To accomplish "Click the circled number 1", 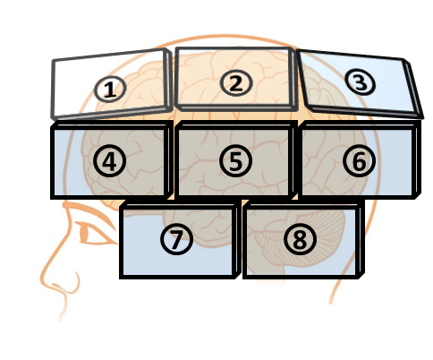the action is coord(110,89).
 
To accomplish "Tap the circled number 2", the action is coord(236,83).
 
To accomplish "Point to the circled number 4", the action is coord(109,161).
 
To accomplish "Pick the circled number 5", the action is coord(236,161).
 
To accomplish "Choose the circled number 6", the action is coord(359,161).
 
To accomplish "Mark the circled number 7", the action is coord(176,239).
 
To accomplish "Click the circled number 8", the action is coord(300,239).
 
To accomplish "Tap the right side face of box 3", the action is coord(413,89).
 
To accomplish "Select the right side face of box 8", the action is coord(361,239).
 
